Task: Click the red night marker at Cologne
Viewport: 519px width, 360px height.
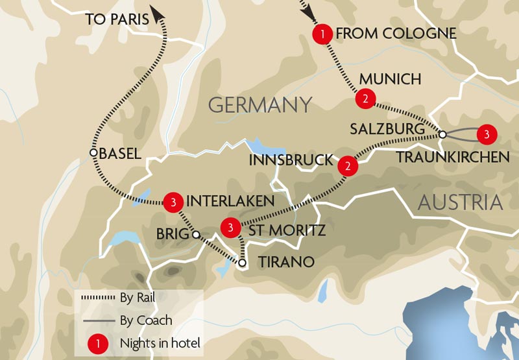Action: (322, 33)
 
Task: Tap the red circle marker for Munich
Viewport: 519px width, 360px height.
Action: (365, 99)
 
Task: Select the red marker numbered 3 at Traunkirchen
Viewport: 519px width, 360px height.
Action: (485, 134)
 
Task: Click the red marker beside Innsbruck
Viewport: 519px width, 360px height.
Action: (348, 166)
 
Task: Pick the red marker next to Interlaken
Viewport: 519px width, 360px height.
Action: (173, 202)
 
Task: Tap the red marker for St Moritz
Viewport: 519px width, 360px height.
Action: (230, 228)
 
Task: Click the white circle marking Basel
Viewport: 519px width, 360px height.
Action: (93, 152)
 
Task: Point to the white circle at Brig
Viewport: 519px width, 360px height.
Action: (194, 235)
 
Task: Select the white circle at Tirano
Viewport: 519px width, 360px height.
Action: (242, 263)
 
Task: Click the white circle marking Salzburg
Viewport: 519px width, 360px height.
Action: (442, 135)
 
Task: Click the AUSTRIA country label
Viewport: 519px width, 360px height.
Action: (460, 202)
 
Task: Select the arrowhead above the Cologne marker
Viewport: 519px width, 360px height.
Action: (305, 11)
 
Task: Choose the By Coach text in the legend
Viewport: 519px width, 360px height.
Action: (146, 320)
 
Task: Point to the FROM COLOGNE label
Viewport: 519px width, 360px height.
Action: (396, 33)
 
